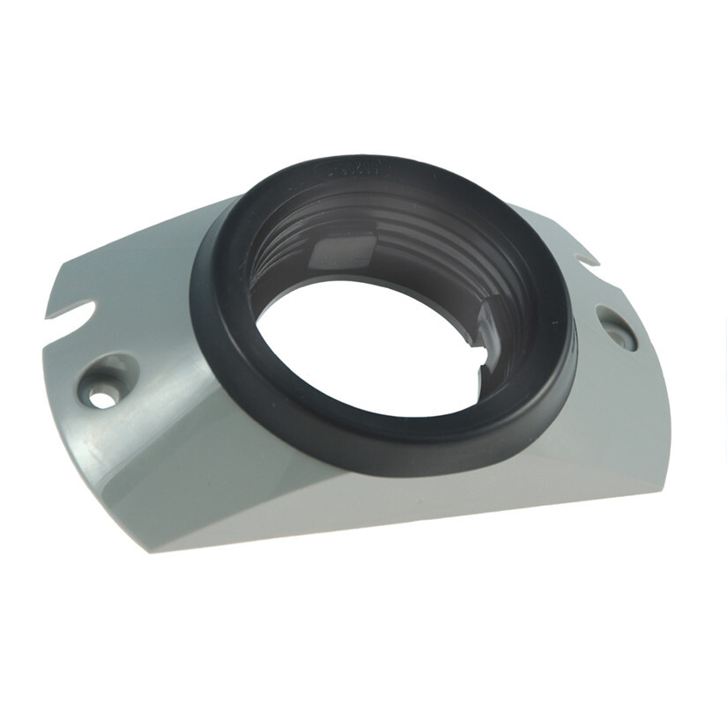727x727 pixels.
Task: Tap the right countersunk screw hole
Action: point(616,328)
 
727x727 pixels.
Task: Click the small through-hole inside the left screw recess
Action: point(101,399)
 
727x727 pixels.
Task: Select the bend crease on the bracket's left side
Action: point(132,441)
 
